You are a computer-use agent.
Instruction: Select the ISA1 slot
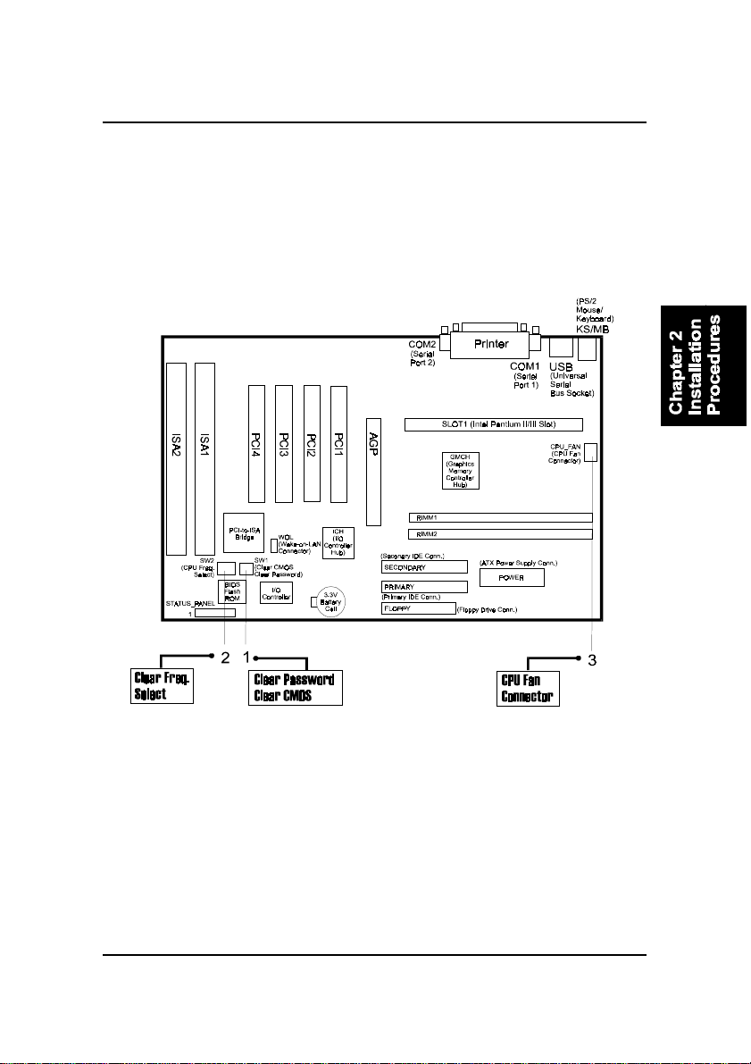click(x=205, y=457)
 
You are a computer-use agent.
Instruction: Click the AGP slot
click(x=373, y=470)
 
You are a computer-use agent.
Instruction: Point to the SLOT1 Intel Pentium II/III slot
click(x=493, y=423)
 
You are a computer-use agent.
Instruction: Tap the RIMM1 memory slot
click(x=500, y=517)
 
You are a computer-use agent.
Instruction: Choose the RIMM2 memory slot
click(x=500, y=534)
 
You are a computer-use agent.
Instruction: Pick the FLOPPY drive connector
click(x=418, y=608)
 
